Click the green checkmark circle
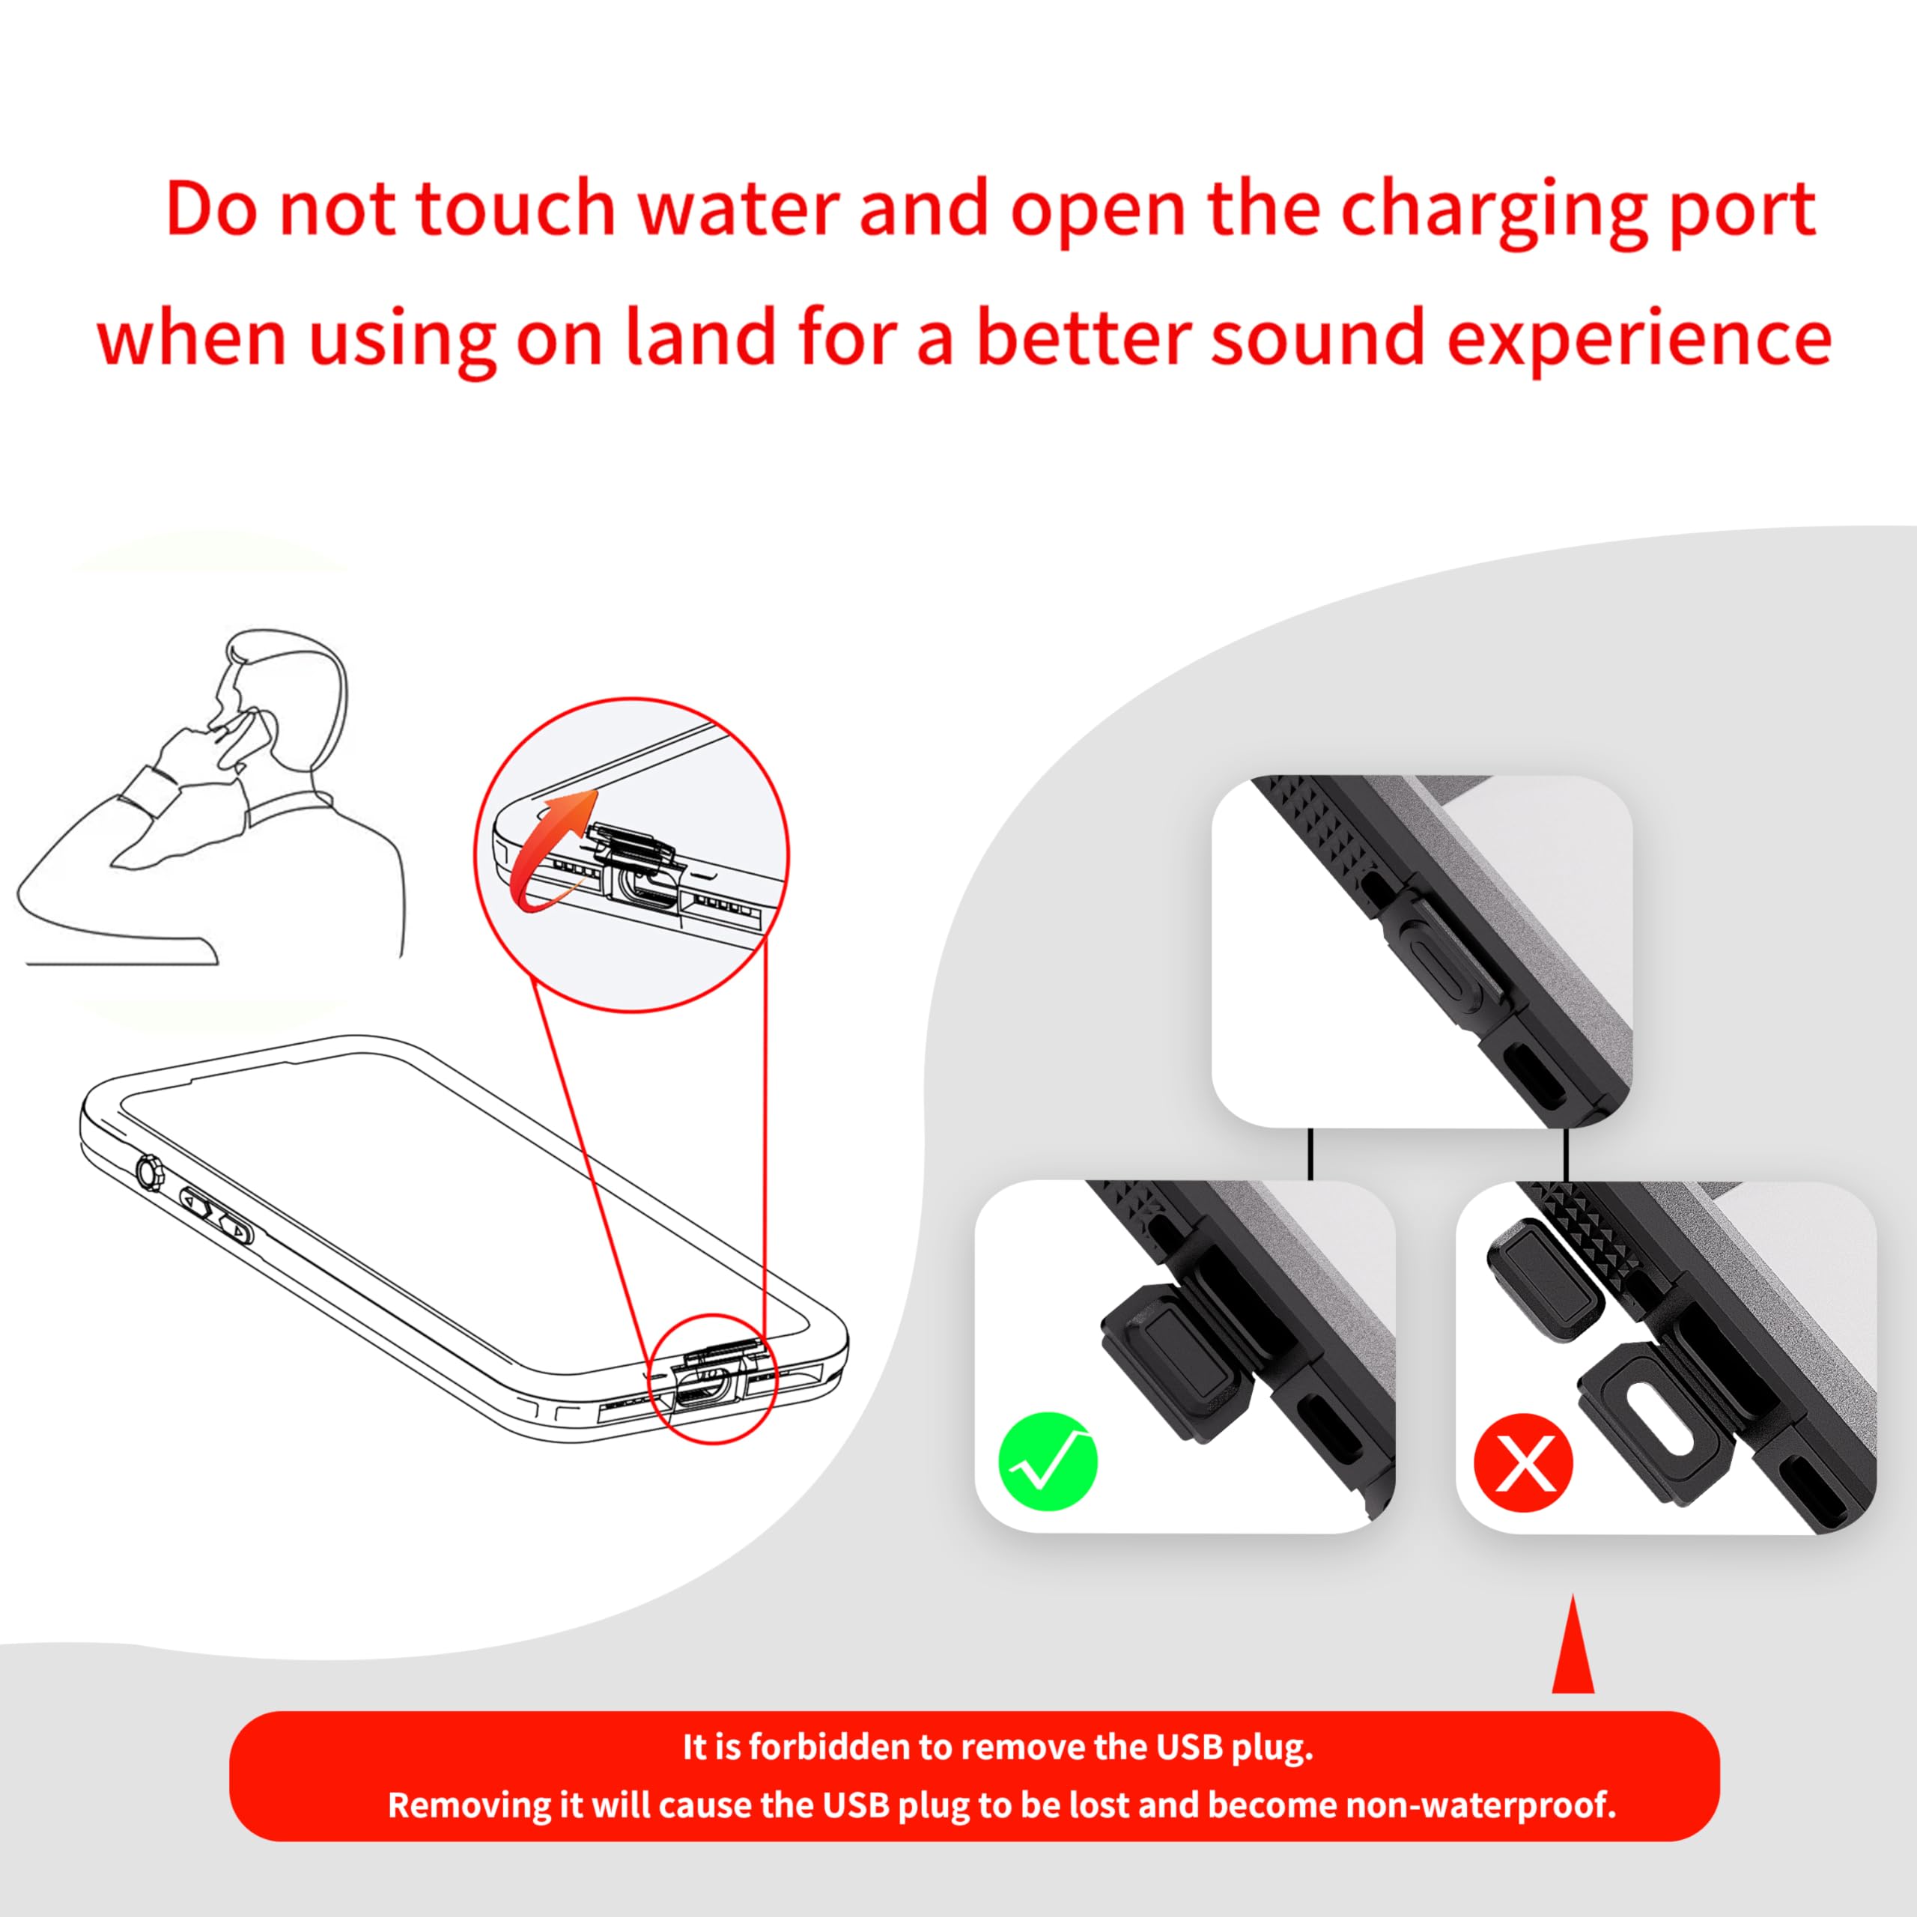point(1048,1462)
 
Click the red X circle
point(1523,1462)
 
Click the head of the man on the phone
point(288,695)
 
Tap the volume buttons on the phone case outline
point(216,1218)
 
